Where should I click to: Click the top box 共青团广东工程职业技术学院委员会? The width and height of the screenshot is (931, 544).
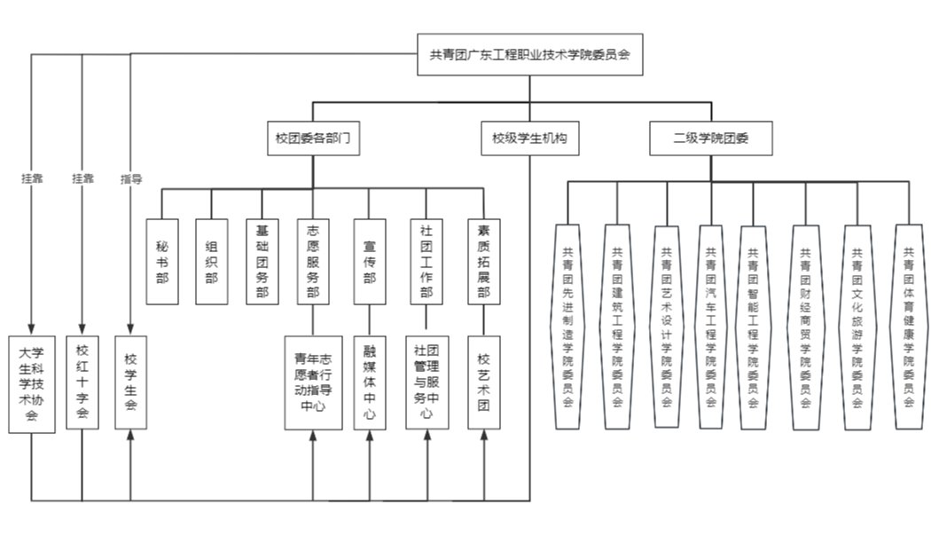[x=530, y=54]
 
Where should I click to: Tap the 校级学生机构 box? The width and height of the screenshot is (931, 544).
[x=529, y=138]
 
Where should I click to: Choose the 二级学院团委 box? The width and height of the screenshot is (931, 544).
[x=710, y=138]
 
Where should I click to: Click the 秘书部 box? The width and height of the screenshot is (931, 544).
[x=162, y=262]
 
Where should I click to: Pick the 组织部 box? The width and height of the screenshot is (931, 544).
[x=211, y=262]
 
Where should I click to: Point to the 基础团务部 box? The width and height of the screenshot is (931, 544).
[x=262, y=262]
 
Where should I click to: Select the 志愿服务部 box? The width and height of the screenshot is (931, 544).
[x=312, y=262]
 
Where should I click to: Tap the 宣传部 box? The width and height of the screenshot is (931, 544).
[x=370, y=262]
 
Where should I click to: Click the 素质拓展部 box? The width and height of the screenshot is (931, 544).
[x=483, y=262]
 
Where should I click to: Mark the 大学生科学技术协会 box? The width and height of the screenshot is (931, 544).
[x=32, y=383]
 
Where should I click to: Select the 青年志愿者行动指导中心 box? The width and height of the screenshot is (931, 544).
[x=312, y=382]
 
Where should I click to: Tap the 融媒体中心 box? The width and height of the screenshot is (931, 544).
[x=370, y=382]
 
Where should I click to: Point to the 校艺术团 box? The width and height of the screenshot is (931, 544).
[x=483, y=382]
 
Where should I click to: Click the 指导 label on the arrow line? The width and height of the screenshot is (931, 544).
[x=131, y=178]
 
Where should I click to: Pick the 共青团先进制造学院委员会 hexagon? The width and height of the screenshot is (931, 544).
[x=567, y=326]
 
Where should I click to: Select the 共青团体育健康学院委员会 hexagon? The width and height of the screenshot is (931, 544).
[x=909, y=326]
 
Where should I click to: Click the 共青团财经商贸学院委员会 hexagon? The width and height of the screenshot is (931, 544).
[x=805, y=326]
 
